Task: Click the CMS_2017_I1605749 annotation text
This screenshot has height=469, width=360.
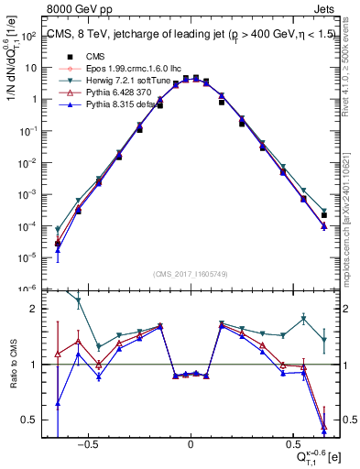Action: tap(190, 274)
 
